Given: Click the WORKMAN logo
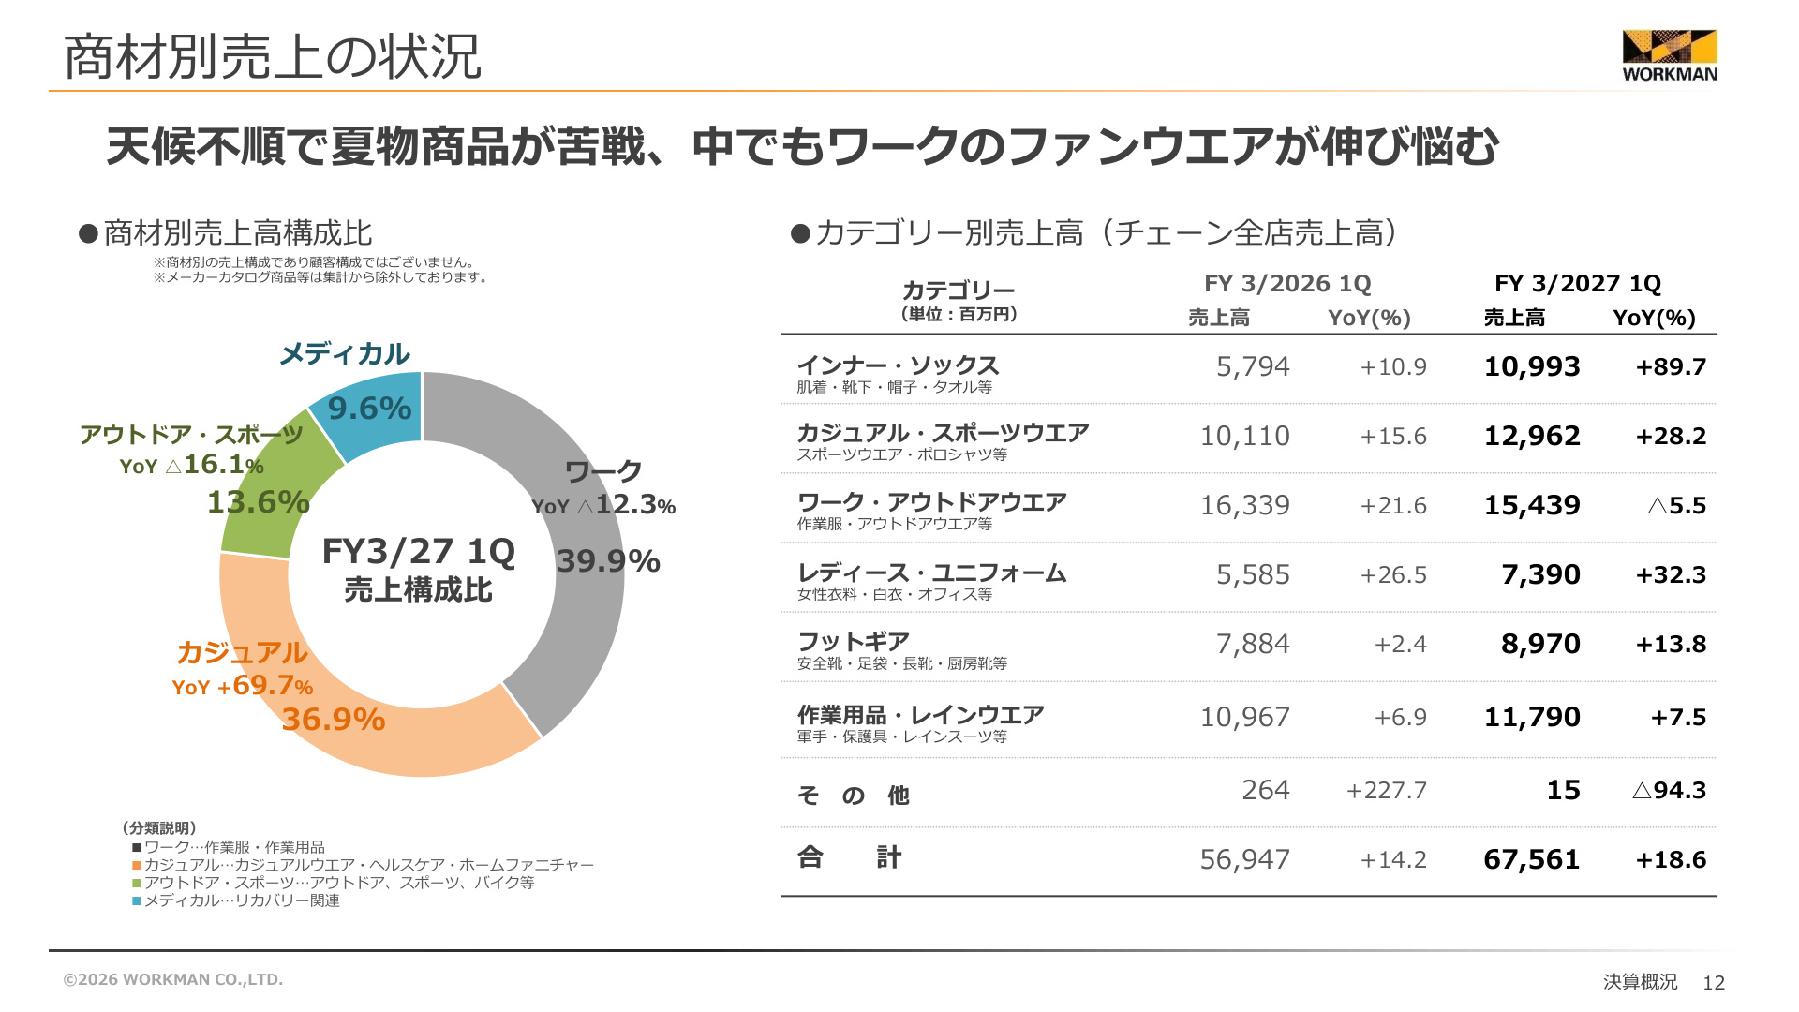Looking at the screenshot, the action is (1670, 56).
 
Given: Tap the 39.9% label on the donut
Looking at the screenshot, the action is (608, 561).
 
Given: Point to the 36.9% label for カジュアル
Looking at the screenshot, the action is (334, 720).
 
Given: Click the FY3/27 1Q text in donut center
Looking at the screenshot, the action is (419, 551).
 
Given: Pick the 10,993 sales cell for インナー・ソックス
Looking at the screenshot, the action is (1532, 366).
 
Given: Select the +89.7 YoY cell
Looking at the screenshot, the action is (1671, 366).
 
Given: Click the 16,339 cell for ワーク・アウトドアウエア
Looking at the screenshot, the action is (1244, 505).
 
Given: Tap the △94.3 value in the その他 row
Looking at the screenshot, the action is (1669, 790).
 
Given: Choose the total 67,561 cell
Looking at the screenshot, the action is (1532, 859).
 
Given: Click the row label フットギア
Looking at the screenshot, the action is (854, 642).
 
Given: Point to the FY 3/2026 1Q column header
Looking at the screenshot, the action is (1287, 283).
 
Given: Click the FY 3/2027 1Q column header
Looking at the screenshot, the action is (1578, 283).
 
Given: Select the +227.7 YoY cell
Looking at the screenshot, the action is (1387, 790).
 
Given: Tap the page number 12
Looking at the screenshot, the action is (1714, 982).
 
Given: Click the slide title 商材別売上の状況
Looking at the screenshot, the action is (273, 56).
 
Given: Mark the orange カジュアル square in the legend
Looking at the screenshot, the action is (137, 865).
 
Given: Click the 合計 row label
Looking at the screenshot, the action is (849, 857).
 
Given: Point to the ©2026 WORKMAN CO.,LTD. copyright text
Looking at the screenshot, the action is (173, 979).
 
